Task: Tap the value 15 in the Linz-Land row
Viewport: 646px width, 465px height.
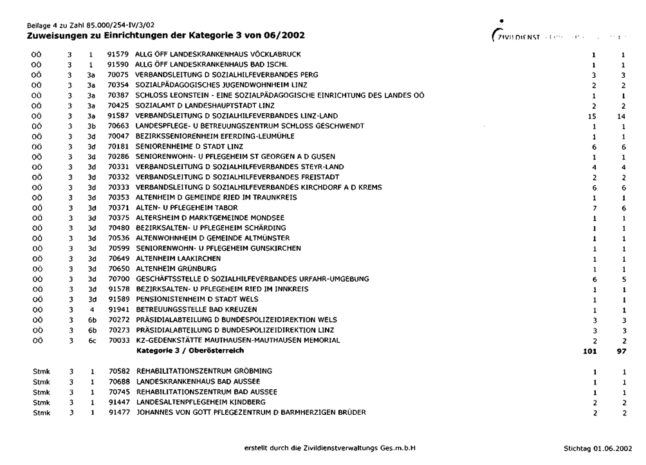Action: (595, 116)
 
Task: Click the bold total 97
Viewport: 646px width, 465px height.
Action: (622, 351)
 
